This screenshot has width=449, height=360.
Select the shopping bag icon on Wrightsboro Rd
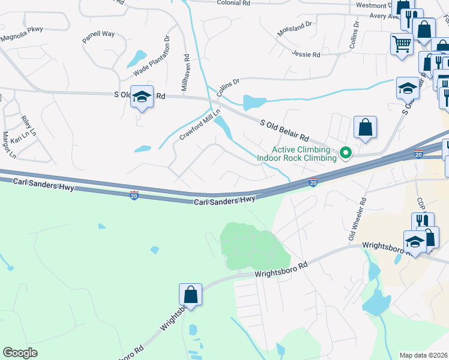[190, 295]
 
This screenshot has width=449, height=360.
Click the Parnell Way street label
[98, 34]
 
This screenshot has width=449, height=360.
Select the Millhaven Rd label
[186, 73]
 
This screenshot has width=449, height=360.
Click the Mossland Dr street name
[295, 28]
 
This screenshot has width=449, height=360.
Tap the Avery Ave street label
[384, 16]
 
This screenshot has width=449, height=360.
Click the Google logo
[20, 353]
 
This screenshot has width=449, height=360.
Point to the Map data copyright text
[424, 355]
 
